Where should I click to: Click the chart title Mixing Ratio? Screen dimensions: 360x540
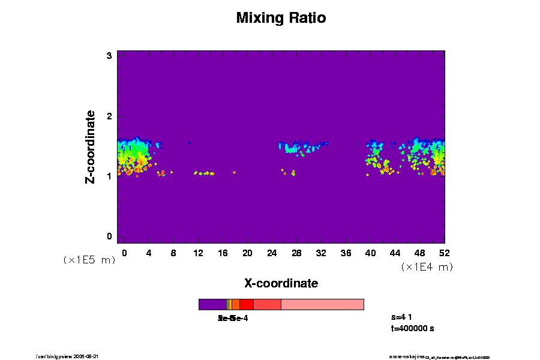point(281,18)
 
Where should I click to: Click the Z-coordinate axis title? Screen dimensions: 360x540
point(91,146)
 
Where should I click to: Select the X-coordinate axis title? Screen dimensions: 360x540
point(281,283)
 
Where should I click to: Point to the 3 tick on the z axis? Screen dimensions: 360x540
point(110,56)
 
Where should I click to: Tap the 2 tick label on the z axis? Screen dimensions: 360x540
point(110,116)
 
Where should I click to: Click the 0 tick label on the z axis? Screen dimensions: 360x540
point(110,236)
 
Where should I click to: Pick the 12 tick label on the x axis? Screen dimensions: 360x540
point(198,253)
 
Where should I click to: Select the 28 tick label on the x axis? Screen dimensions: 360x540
point(296,253)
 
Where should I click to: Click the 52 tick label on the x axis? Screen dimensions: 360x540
point(444,253)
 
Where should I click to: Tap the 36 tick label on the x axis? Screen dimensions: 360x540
point(346,253)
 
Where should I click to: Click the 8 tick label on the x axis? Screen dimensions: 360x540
point(173,253)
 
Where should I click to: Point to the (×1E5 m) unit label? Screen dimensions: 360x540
point(89,260)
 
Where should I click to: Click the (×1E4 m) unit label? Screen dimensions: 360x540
point(427,267)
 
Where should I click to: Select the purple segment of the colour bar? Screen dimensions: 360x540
point(212,304)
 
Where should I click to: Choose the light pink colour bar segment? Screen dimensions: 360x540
point(322,304)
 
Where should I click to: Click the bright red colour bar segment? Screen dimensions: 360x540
point(246,304)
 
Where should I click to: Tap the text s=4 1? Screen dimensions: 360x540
point(403,317)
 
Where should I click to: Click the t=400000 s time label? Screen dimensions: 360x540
point(412,328)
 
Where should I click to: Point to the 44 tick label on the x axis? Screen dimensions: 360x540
point(395,253)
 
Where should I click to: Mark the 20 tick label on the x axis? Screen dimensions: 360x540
point(247,253)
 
